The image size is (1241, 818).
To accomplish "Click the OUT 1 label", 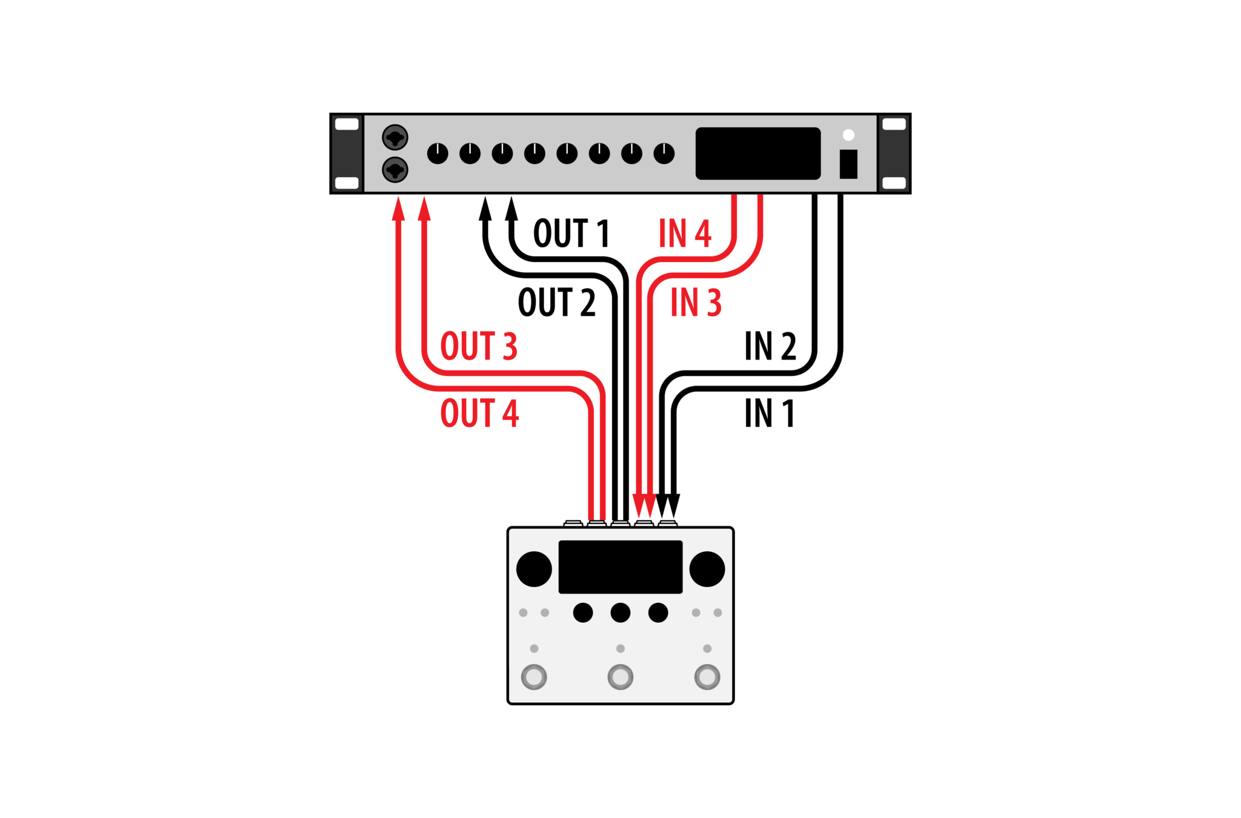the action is coord(571,233).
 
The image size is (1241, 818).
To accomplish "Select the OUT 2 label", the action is coord(557,302).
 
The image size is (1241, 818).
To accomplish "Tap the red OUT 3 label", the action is coord(479,346).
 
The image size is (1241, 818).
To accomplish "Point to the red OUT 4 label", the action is coord(479,413).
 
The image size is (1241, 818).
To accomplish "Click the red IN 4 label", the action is coord(685,233).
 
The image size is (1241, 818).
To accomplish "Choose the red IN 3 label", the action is coord(696,302).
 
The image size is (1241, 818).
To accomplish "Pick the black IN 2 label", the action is coord(770,346).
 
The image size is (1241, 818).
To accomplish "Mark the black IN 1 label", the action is coord(769,413).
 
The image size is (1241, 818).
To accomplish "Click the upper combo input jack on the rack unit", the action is coord(395,138).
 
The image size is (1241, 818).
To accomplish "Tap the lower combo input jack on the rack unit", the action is coord(395,170).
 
